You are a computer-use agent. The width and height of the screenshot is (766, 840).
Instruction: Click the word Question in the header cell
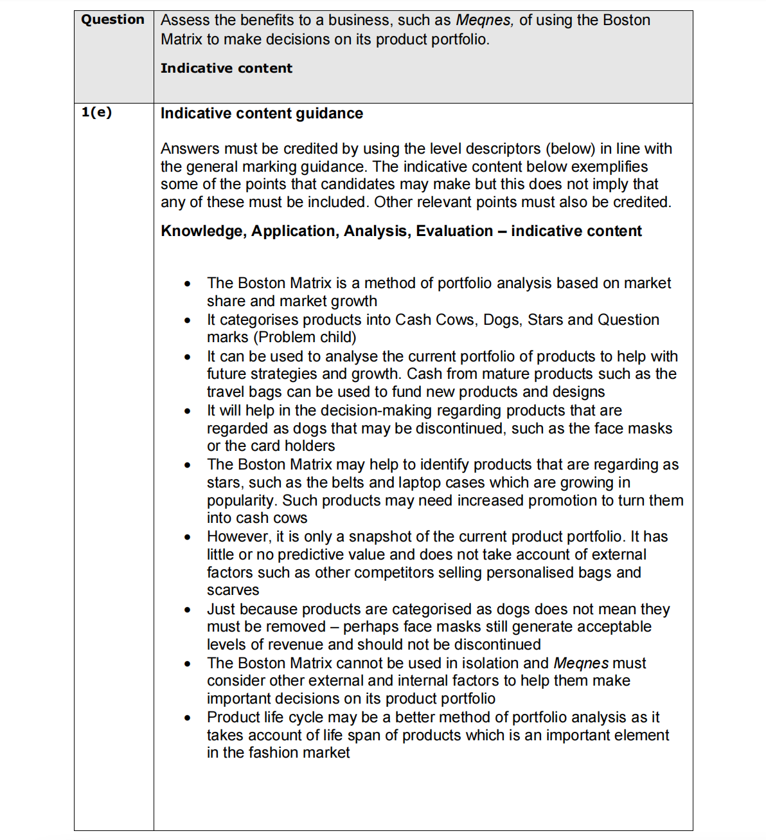click(x=112, y=19)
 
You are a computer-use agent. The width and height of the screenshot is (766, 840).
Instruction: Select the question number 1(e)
click(x=96, y=113)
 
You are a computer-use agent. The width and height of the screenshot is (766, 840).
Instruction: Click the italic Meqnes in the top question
click(x=484, y=20)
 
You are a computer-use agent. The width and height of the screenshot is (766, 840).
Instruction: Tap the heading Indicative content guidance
click(x=262, y=113)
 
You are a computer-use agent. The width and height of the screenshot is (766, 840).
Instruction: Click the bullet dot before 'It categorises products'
click(x=187, y=320)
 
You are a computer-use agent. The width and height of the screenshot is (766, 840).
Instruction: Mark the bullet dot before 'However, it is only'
click(x=187, y=537)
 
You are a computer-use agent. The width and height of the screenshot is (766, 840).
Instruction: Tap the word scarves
click(x=233, y=590)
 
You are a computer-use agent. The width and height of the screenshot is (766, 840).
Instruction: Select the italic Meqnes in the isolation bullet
click(x=580, y=663)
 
